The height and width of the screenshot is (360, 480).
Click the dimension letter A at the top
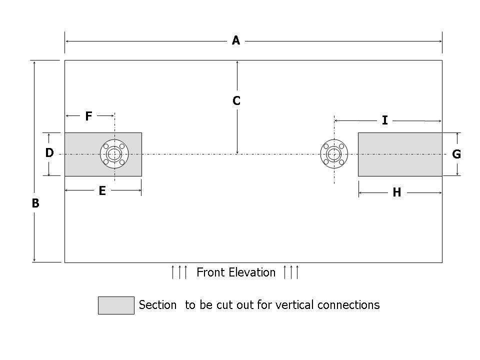click(236, 40)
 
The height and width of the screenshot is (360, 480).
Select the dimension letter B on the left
click(35, 203)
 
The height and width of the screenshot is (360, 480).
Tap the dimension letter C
click(236, 101)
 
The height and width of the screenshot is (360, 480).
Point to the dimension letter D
click(49, 153)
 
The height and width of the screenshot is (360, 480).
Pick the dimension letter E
click(102, 191)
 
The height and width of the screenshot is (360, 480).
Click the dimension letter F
click(88, 116)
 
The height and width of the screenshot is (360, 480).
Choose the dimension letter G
click(456, 154)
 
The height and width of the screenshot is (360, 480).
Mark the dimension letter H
click(396, 193)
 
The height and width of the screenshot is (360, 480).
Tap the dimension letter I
click(384, 120)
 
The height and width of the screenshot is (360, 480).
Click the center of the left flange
click(114, 154)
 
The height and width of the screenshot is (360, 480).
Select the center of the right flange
click(333, 154)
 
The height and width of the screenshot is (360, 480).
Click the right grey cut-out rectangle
click(399, 154)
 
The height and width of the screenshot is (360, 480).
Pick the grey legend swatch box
click(116, 305)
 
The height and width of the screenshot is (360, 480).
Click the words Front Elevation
click(236, 272)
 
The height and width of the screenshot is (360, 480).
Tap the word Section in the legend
click(157, 304)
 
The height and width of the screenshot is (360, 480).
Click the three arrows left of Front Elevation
click(179, 272)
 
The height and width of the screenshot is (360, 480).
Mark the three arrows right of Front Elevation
click(291, 272)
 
